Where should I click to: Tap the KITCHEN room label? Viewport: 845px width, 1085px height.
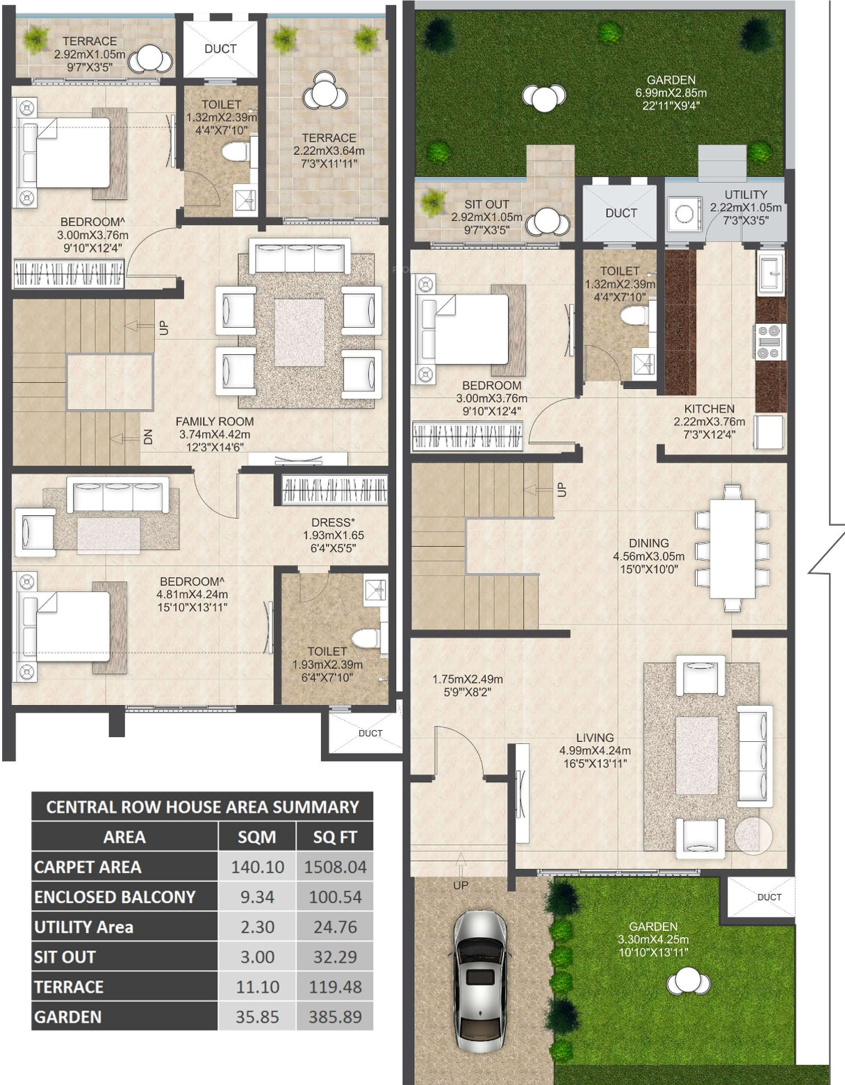pyautogui.click(x=709, y=408)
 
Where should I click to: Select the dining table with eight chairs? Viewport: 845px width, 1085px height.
pyautogui.click(x=732, y=547)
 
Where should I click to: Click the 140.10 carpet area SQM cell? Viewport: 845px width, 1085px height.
pyautogui.click(x=257, y=866)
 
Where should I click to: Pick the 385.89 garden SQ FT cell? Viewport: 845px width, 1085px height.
pyautogui.click(x=335, y=1017)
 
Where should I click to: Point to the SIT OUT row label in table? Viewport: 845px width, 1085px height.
pyautogui.click(x=65, y=956)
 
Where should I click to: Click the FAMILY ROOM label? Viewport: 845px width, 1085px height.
pyautogui.click(x=215, y=422)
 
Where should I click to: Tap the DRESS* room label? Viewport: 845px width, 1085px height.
pyautogui.click(x=333, y=522)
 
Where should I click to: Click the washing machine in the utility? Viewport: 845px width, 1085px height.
pyautogui.click(x=684, y=214)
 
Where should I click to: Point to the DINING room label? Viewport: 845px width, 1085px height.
pyautogui.click(x=649, y=542)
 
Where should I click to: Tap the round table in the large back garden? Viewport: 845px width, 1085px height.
pyautogui.click(x=544, y=97)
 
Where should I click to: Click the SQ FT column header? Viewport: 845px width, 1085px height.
pyautogui.click(x=335, y=837)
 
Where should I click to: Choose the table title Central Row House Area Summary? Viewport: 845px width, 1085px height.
pyautogui.click(x=202, y=807)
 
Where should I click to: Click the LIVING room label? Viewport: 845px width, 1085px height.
pyautogui.click(x=595, y=738)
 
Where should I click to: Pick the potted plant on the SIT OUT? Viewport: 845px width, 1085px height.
pyautogui.click(x=432, y=203)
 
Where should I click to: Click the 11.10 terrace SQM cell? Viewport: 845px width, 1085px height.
pyautogui.click(x=257, y=986)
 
